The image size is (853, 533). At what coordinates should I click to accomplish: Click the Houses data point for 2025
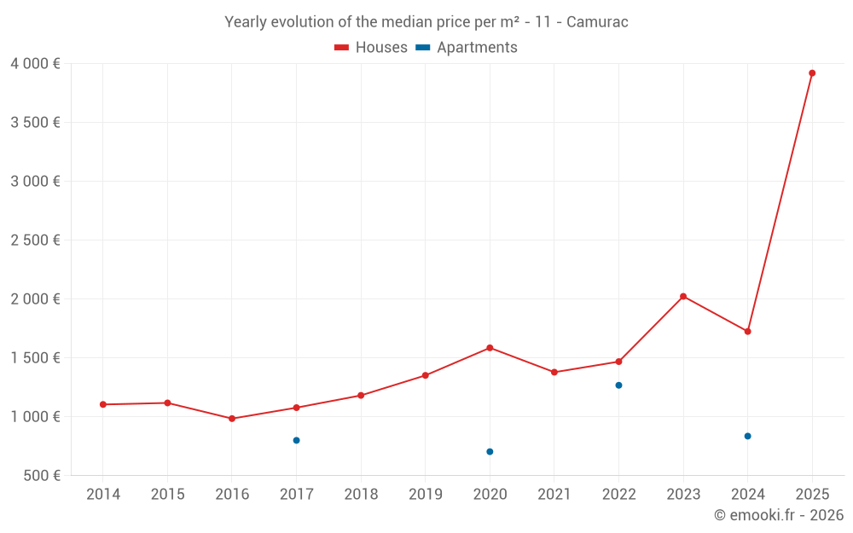[x=812, y=73]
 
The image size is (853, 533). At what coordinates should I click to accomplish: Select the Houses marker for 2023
[x=683, y=296]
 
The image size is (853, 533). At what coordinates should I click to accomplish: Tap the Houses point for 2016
[x=232, y=419]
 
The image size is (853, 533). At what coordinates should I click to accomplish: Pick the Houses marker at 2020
[x=490, y=348]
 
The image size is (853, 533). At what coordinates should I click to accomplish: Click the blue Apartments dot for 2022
[x=618, y=385]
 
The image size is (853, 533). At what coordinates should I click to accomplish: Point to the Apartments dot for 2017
[x=296, y=440]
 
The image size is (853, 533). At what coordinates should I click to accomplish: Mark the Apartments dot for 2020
[x=490, y=451]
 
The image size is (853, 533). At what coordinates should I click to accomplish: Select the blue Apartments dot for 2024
[x=747, y=436]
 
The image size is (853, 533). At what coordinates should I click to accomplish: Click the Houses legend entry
[x=371, y=48]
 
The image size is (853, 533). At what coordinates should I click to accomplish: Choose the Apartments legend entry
[x=467, y=48]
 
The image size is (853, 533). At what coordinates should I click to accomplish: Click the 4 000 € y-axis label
[x=35, y=64]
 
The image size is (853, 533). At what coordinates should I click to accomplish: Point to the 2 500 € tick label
[x=35, y=240]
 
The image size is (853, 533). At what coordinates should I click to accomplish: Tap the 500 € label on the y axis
[x=41, y=476]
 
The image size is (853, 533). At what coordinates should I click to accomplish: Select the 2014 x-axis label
[x=103, y=495]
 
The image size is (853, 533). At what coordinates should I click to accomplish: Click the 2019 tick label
[x=426, y=495]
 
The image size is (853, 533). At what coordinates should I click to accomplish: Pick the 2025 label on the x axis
[x=812, y=495]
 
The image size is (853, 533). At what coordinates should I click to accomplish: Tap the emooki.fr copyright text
[x=778, y=515]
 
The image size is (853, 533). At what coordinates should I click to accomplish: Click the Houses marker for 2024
[x=747, y=331]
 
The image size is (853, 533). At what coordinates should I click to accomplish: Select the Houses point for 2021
[x=554, y=372]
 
